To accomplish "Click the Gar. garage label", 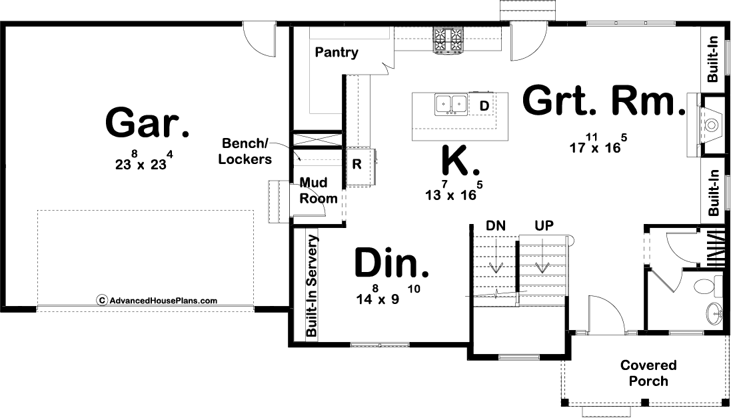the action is click(x=147, y=122).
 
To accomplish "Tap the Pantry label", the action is click(x=337, y=52).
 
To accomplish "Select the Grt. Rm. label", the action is click(x=604, y=100).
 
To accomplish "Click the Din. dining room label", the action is click(x=392, y=263).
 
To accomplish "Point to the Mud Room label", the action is click(x=319, y=191).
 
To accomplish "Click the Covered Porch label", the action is click(x=648, y=373).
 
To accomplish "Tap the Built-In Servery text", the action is click(x=311, y=285).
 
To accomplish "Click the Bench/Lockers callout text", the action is click(x=245, y=151).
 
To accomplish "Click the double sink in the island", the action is click(x=451, y=105).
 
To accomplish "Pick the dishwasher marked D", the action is click(x=484, y=106).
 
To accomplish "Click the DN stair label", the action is click(x=496, y=226).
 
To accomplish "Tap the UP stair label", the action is click(x=544, y=226).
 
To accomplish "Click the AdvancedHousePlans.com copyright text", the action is click(x=157, y=301).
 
